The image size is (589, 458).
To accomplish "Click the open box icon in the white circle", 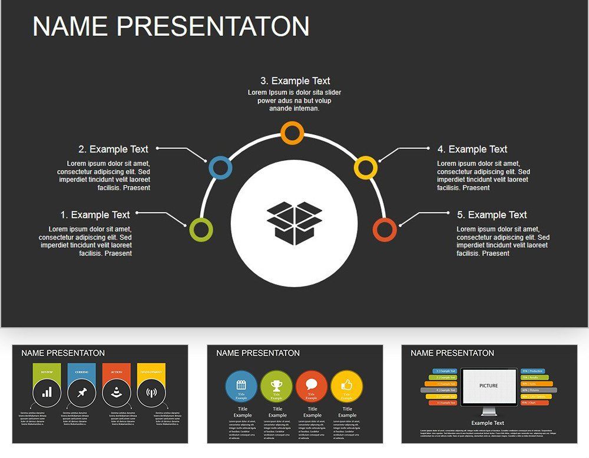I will click(x=294, y=223).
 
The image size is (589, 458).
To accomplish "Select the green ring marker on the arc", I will click(x=201, y=230).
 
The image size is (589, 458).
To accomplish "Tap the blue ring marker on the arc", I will click(x=220, y=168).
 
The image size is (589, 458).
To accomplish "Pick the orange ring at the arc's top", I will click(x=292, y=133).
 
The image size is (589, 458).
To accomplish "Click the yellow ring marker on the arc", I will click(x=365, y=168).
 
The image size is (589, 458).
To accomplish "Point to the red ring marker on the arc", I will click(x=385, y=230).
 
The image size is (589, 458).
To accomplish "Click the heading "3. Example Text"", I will click(x=295, y=81).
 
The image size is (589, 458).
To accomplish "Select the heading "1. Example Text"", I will click(x=95, y=215).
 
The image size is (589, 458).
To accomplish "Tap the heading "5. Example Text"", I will click(x=492, y=215).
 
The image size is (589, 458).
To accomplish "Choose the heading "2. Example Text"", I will click(x=113, y=150).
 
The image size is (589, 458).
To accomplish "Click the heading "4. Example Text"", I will click(x=472, y=150).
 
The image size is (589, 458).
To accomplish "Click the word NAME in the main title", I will click(x=70, y=27).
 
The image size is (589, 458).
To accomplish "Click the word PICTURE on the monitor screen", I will click(x=488, y=386).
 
